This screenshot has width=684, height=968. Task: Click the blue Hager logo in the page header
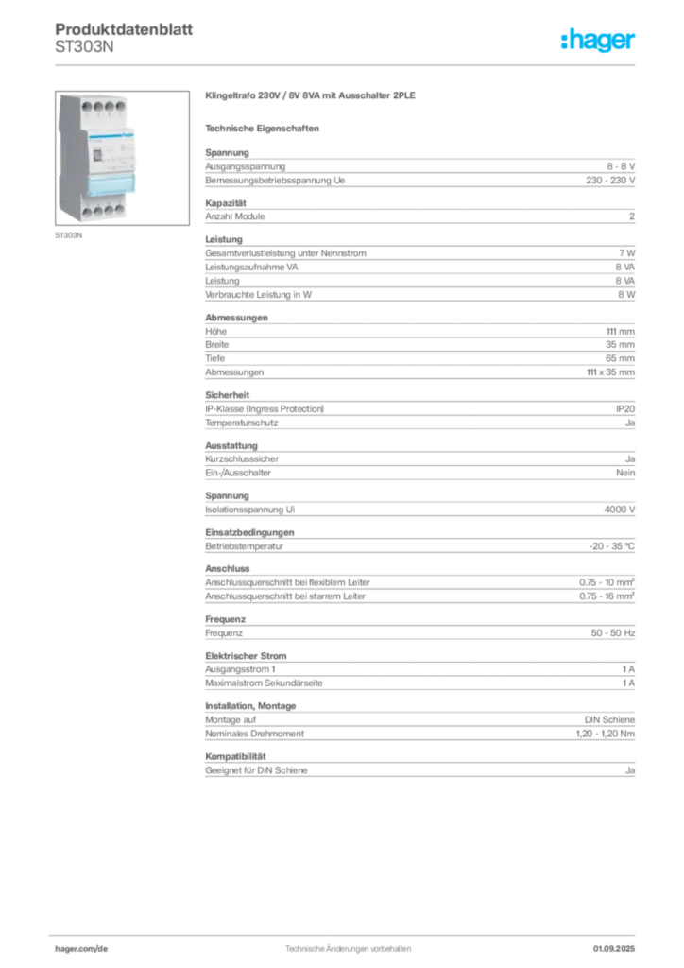point(599,42)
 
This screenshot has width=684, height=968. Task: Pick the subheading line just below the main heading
point(265,128)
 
